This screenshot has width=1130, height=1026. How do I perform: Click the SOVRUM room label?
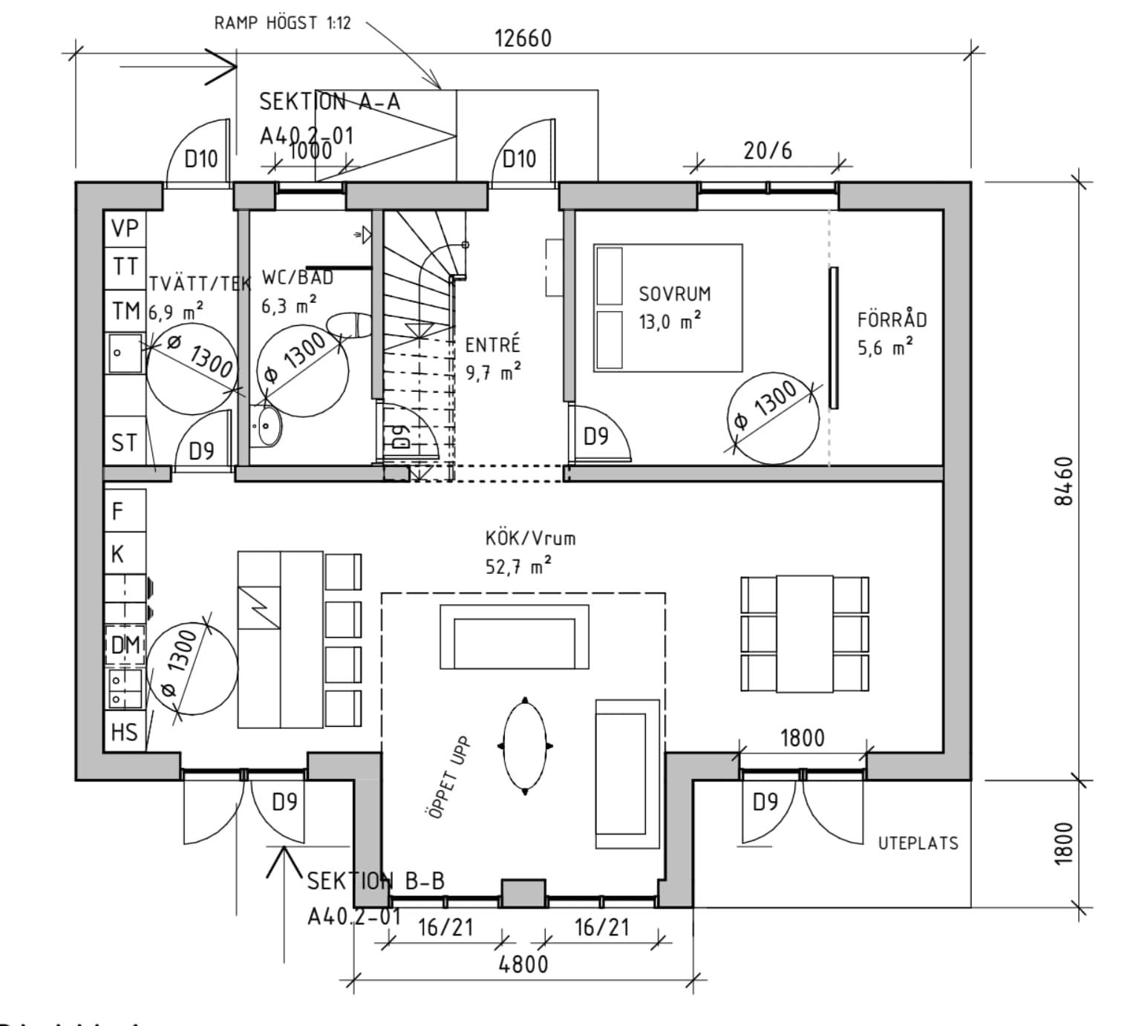(x=674, y=294)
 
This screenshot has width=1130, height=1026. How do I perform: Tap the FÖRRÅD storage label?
(x=892, y=320)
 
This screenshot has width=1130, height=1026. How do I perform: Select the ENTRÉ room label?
(x=492, y=345)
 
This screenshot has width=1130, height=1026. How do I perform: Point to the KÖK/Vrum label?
(x=530, y=538)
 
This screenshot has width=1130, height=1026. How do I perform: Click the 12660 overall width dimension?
(x=523, y=38)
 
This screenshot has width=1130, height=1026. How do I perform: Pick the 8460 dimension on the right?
(x=1063, y=481)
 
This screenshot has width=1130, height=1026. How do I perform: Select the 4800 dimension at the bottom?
(x=523, y=964)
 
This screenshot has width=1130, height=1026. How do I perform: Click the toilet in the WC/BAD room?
(x=350, y=325)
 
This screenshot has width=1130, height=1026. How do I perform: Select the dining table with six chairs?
(x=805, y=633)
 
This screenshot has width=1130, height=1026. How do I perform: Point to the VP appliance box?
(x=125, y=228)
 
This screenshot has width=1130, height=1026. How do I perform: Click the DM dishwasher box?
(x=125, y=644)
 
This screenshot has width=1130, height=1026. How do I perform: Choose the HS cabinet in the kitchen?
(x=124, y=732)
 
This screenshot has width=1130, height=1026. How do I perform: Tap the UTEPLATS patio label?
(x=918, y=843)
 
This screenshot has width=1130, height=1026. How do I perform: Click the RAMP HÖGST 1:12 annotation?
(x=282, y=23)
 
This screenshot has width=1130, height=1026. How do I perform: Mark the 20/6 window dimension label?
(x=768, y=151)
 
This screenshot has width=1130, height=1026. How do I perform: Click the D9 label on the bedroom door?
(x=595, y=437)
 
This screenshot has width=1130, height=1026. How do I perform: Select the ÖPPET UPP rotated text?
(x=449, y=777)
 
